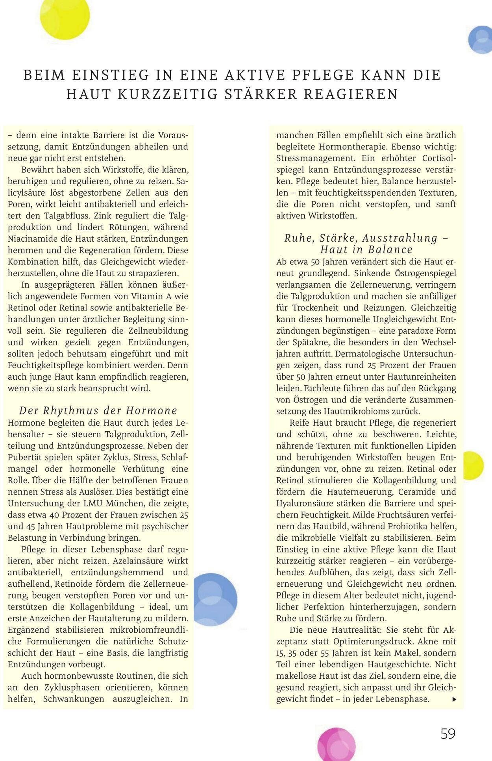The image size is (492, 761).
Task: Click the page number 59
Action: (x=448, y=733)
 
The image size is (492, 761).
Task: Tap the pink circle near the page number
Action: (x=337, y=744)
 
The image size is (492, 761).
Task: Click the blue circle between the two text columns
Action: (x=215, y=600)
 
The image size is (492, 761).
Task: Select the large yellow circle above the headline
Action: (x=65, y=16)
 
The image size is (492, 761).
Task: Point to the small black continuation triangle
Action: (x=454, y=699)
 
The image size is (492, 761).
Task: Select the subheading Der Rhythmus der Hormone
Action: (x=98, y=410)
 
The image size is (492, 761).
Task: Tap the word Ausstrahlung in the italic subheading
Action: (x=400, y=238)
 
